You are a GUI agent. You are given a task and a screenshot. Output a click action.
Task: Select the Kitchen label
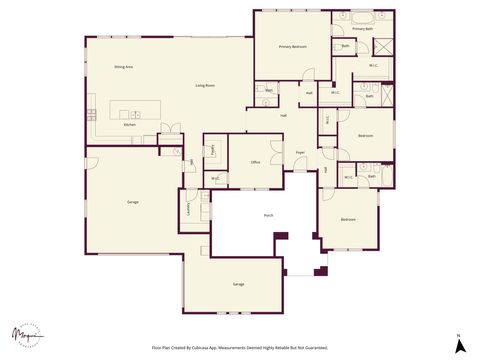[129, 124]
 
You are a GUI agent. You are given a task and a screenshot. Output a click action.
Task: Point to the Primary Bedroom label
[292, 47]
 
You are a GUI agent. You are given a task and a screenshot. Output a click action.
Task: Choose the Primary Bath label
[360, 29]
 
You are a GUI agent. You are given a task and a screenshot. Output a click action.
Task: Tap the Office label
[256, 162]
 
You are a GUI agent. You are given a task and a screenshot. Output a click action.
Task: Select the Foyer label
[300, 153]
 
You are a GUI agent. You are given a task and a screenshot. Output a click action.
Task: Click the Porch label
[269, 215]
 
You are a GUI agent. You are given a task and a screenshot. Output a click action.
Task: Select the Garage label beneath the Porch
[238, 285]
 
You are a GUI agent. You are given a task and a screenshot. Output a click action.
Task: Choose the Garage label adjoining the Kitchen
[132, 203]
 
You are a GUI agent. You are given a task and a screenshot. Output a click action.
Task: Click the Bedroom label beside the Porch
[348, 219]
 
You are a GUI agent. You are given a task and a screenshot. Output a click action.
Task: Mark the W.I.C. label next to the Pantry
[215, 179]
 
